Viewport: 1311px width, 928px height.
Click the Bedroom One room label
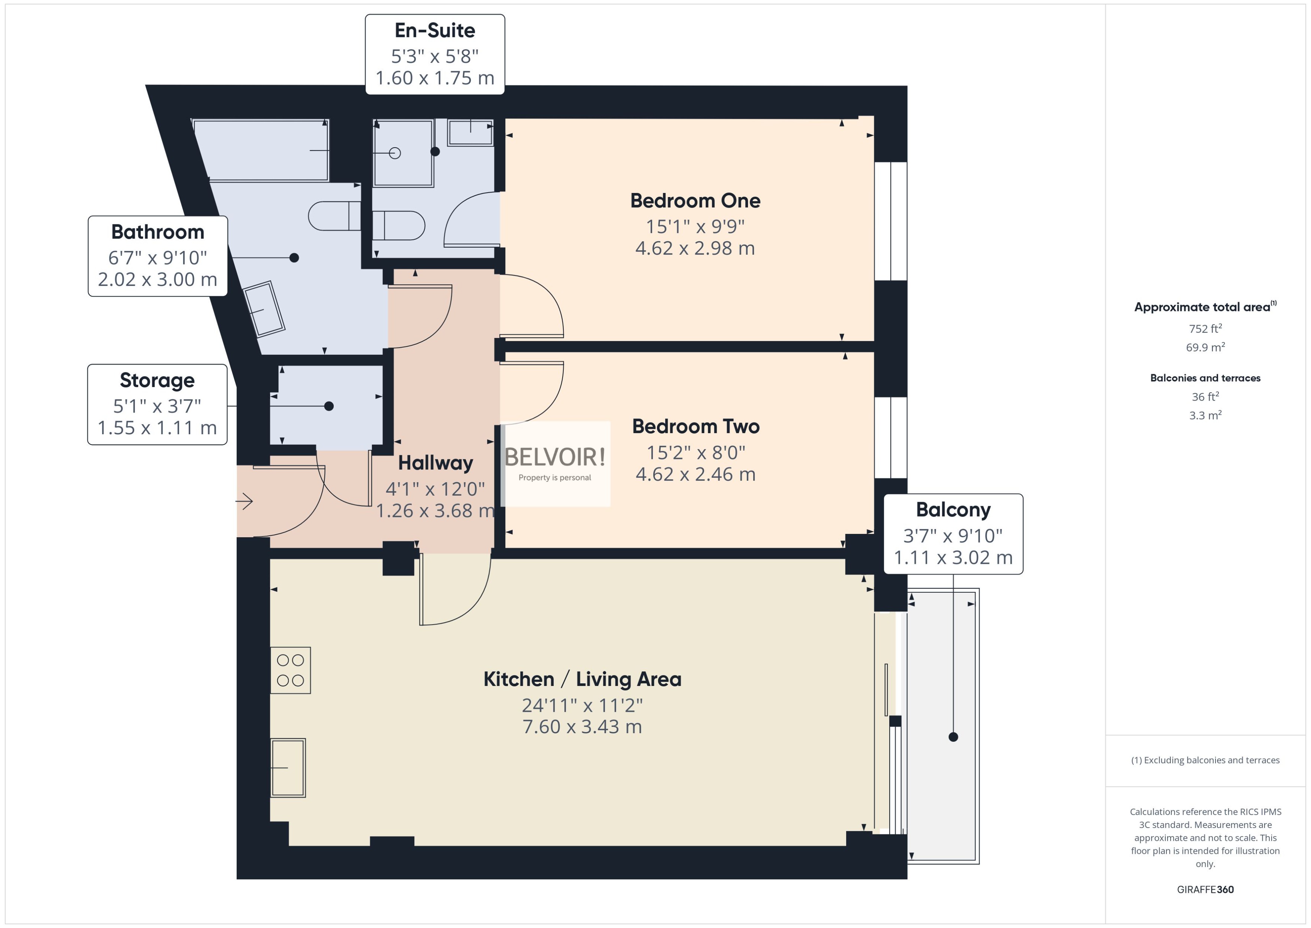(x=694, y=200)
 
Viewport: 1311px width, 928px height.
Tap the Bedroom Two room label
(x=695, y=426)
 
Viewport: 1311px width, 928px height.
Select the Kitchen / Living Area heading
(x=582, y=679)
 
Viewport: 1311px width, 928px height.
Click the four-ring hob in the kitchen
(x=290, y=670)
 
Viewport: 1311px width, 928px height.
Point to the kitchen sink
(x=288, y=767)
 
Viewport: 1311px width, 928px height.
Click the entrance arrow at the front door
(x=245, y=501)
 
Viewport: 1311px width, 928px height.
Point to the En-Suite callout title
(x=435, y=30)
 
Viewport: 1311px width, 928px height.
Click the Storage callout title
(x=157, y=380)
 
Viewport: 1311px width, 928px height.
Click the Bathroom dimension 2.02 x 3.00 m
(x=157, y=279)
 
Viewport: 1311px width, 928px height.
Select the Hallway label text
(x=435, y=463)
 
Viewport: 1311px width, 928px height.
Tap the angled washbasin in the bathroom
(x=264, y=309)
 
